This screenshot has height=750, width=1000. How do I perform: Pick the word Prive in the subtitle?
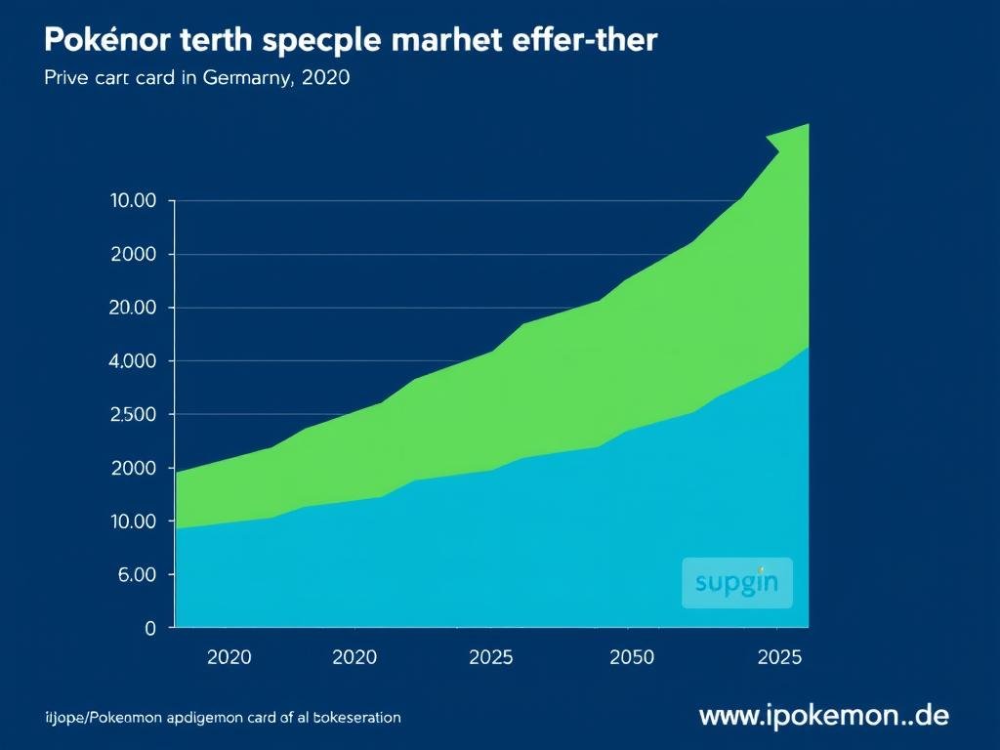[66, 79]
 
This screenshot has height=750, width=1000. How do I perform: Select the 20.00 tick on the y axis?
[135, 308]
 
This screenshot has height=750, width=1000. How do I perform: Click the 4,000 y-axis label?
[135, 361]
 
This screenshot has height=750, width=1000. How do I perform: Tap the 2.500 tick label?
[135, 415]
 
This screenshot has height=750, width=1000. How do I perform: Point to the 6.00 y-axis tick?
[137, 575]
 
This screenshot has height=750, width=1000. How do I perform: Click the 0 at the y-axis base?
[149, 629]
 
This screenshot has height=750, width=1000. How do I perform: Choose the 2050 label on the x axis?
[631, 657]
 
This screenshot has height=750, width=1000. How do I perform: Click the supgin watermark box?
[736, 583]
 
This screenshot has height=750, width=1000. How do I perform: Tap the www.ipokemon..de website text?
[823, 716]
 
